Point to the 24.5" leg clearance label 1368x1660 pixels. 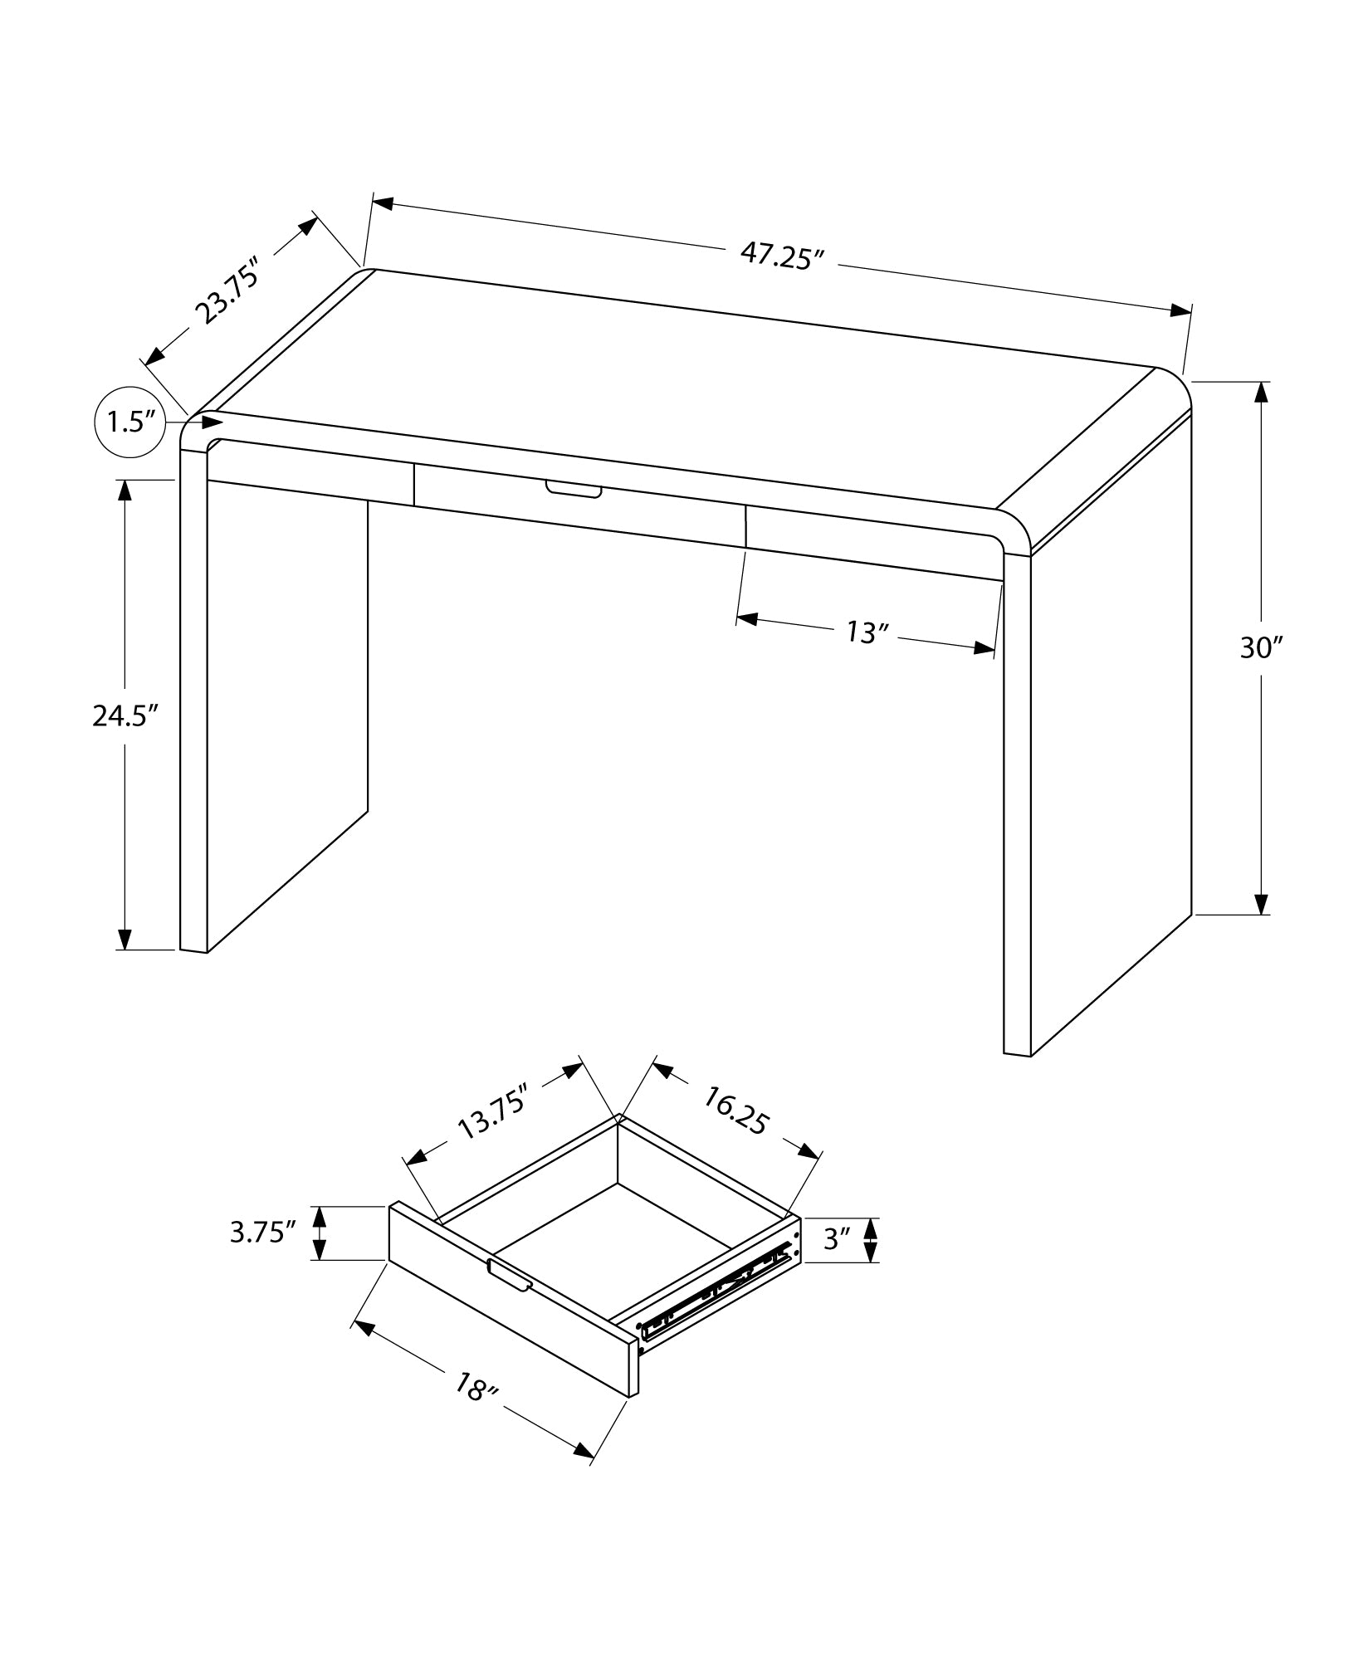125,715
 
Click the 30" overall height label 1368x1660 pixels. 1261,647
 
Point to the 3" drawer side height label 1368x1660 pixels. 838,1262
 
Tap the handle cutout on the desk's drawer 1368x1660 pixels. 573,491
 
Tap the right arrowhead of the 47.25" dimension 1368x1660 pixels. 1180,310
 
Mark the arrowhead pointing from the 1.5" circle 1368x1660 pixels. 213,423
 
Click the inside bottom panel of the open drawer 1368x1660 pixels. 614,1245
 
